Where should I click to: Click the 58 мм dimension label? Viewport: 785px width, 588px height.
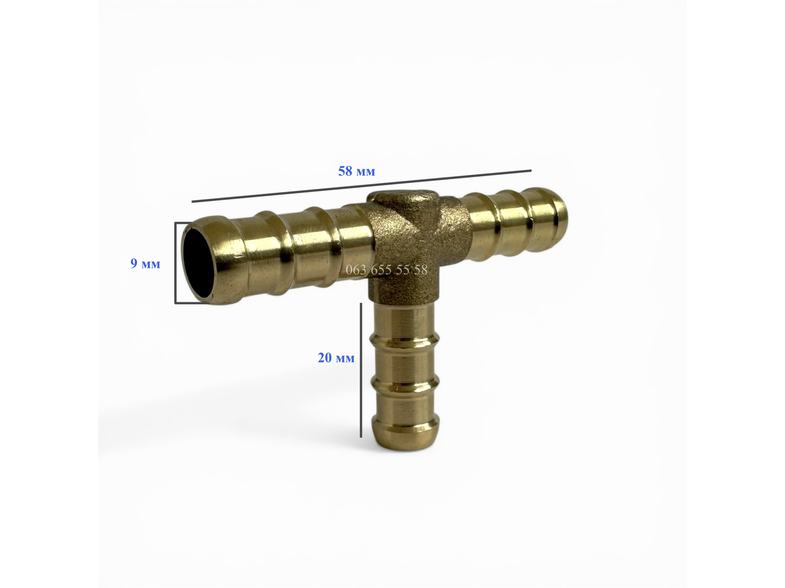click(x=356, y=171)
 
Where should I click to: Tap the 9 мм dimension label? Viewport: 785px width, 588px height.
click(x=145, y=263)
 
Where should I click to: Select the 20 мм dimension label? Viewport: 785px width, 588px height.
click(x=336, y=358)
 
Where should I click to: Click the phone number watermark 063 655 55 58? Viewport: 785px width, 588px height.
click(x=386, y=270)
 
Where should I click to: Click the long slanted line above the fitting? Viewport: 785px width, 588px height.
click(x=361, y=186)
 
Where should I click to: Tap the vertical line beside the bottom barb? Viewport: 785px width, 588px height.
click(x=361, y=370)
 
